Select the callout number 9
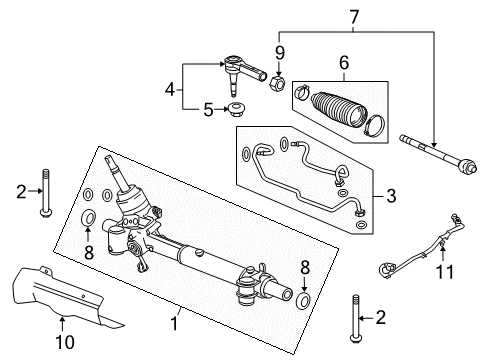[280, 52]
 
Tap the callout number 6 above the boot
[343, 62]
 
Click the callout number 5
[208, 109]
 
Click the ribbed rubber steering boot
[335, 107]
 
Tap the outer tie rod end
[242, 70]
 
